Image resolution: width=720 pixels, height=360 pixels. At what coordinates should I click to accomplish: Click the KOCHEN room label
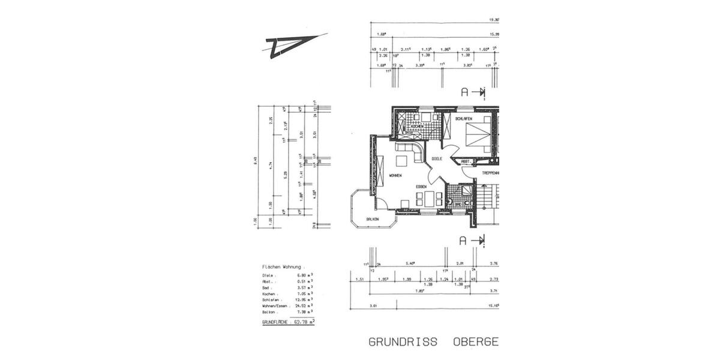coord(418,126)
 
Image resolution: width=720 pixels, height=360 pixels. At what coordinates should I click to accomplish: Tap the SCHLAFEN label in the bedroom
coord(464,119)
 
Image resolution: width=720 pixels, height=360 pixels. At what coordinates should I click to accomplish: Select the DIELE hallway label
coord(437,159)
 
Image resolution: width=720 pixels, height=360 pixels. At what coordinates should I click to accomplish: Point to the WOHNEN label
coord(395,175)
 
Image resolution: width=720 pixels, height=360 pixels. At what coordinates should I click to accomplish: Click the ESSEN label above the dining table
coord(421,187)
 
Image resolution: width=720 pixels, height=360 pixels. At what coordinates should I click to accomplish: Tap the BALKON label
coord(373,220)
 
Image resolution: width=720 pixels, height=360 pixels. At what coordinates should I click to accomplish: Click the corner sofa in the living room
coord(410,152)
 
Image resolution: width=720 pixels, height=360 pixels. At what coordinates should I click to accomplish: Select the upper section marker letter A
coord(464,92)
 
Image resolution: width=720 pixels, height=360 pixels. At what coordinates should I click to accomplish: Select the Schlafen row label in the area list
coord(271,299)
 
